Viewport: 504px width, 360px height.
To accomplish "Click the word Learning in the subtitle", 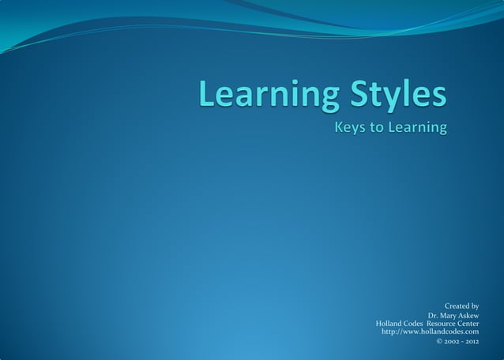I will (416, 128).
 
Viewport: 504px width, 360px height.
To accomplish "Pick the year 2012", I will (472, 341).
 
